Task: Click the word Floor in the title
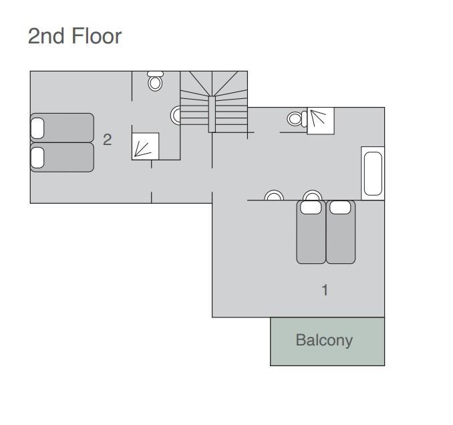pyautogui.click(x=96, y=36)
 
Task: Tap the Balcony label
pyautogui.click(x=324, y=340)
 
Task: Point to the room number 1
pyautogui.click(x=325, y=290)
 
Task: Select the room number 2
pyautogui.click(x=107, y=140)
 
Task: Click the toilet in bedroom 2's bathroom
pyautogui.click(x=155, y=81)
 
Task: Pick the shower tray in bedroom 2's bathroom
pyautogui.click(x=145, y=146)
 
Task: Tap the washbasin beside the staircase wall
pyautogui.click(x=175, y=115)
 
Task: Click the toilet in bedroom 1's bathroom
pyautogui.click(x=297, y=119)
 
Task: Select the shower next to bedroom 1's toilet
pyautogui.click(x=321, y=121)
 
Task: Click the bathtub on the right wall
pyautogui.click(x=373, y=173)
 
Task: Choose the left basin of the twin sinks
pyautogui.click(x=274, y=195)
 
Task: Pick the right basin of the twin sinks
pyautogui.click(x=312, y=195)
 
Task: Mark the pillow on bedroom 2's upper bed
pyautogui.click(x=37, y=128)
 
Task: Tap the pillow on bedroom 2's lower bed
pyautogui.click(x=37, y=158)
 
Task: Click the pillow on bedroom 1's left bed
pyautogui.click(x=311, y=207)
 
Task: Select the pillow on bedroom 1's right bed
pyautogui.click(x=340, y=207)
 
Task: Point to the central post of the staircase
pyautogui.click(x=212, y=114)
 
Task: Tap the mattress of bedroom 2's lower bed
pyautogui.click(x=62, y=158)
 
